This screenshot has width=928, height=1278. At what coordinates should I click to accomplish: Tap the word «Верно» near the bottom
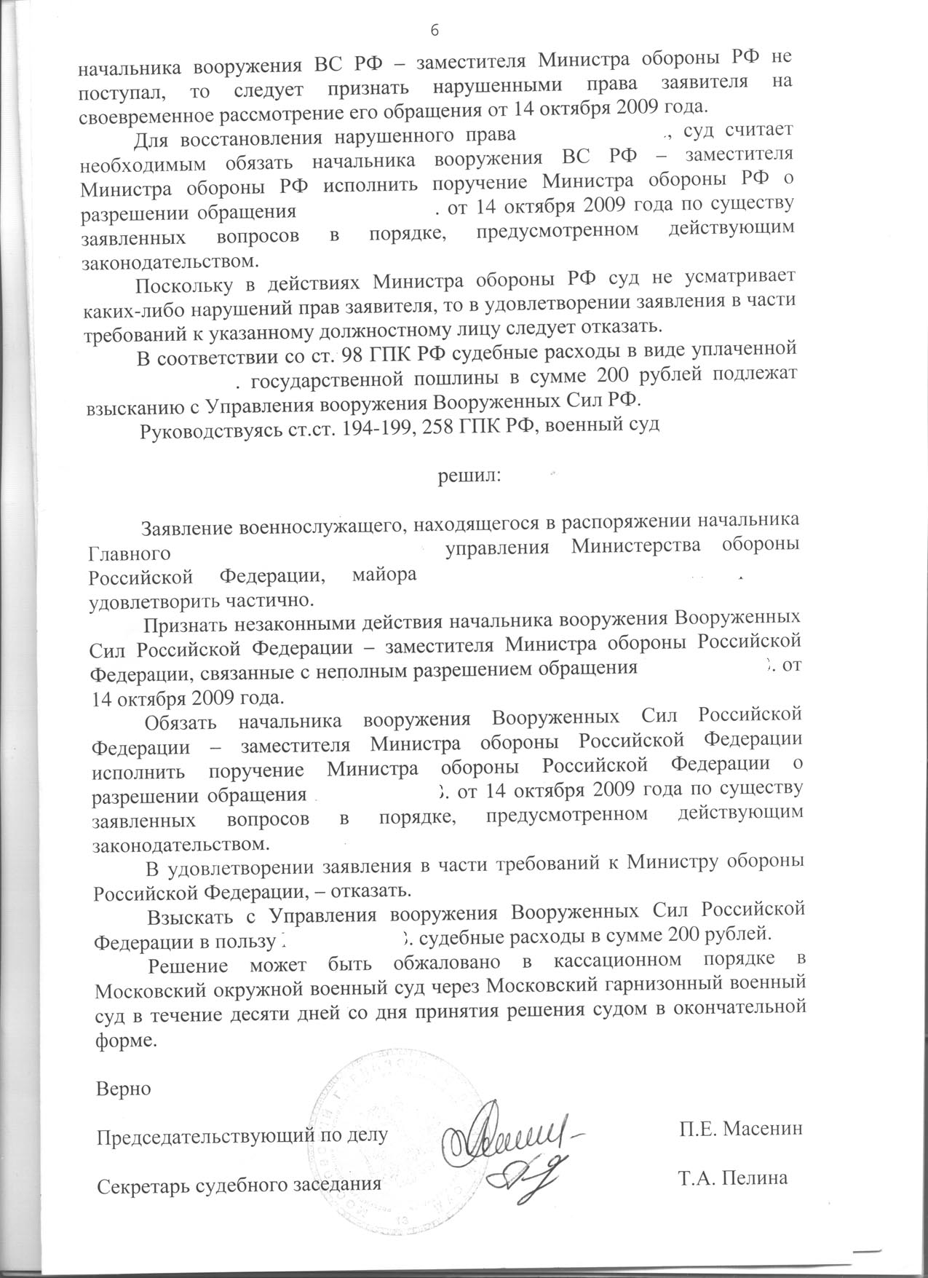tap(124, 1089)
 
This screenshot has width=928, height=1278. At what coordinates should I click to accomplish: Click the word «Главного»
tap(129, 553)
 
